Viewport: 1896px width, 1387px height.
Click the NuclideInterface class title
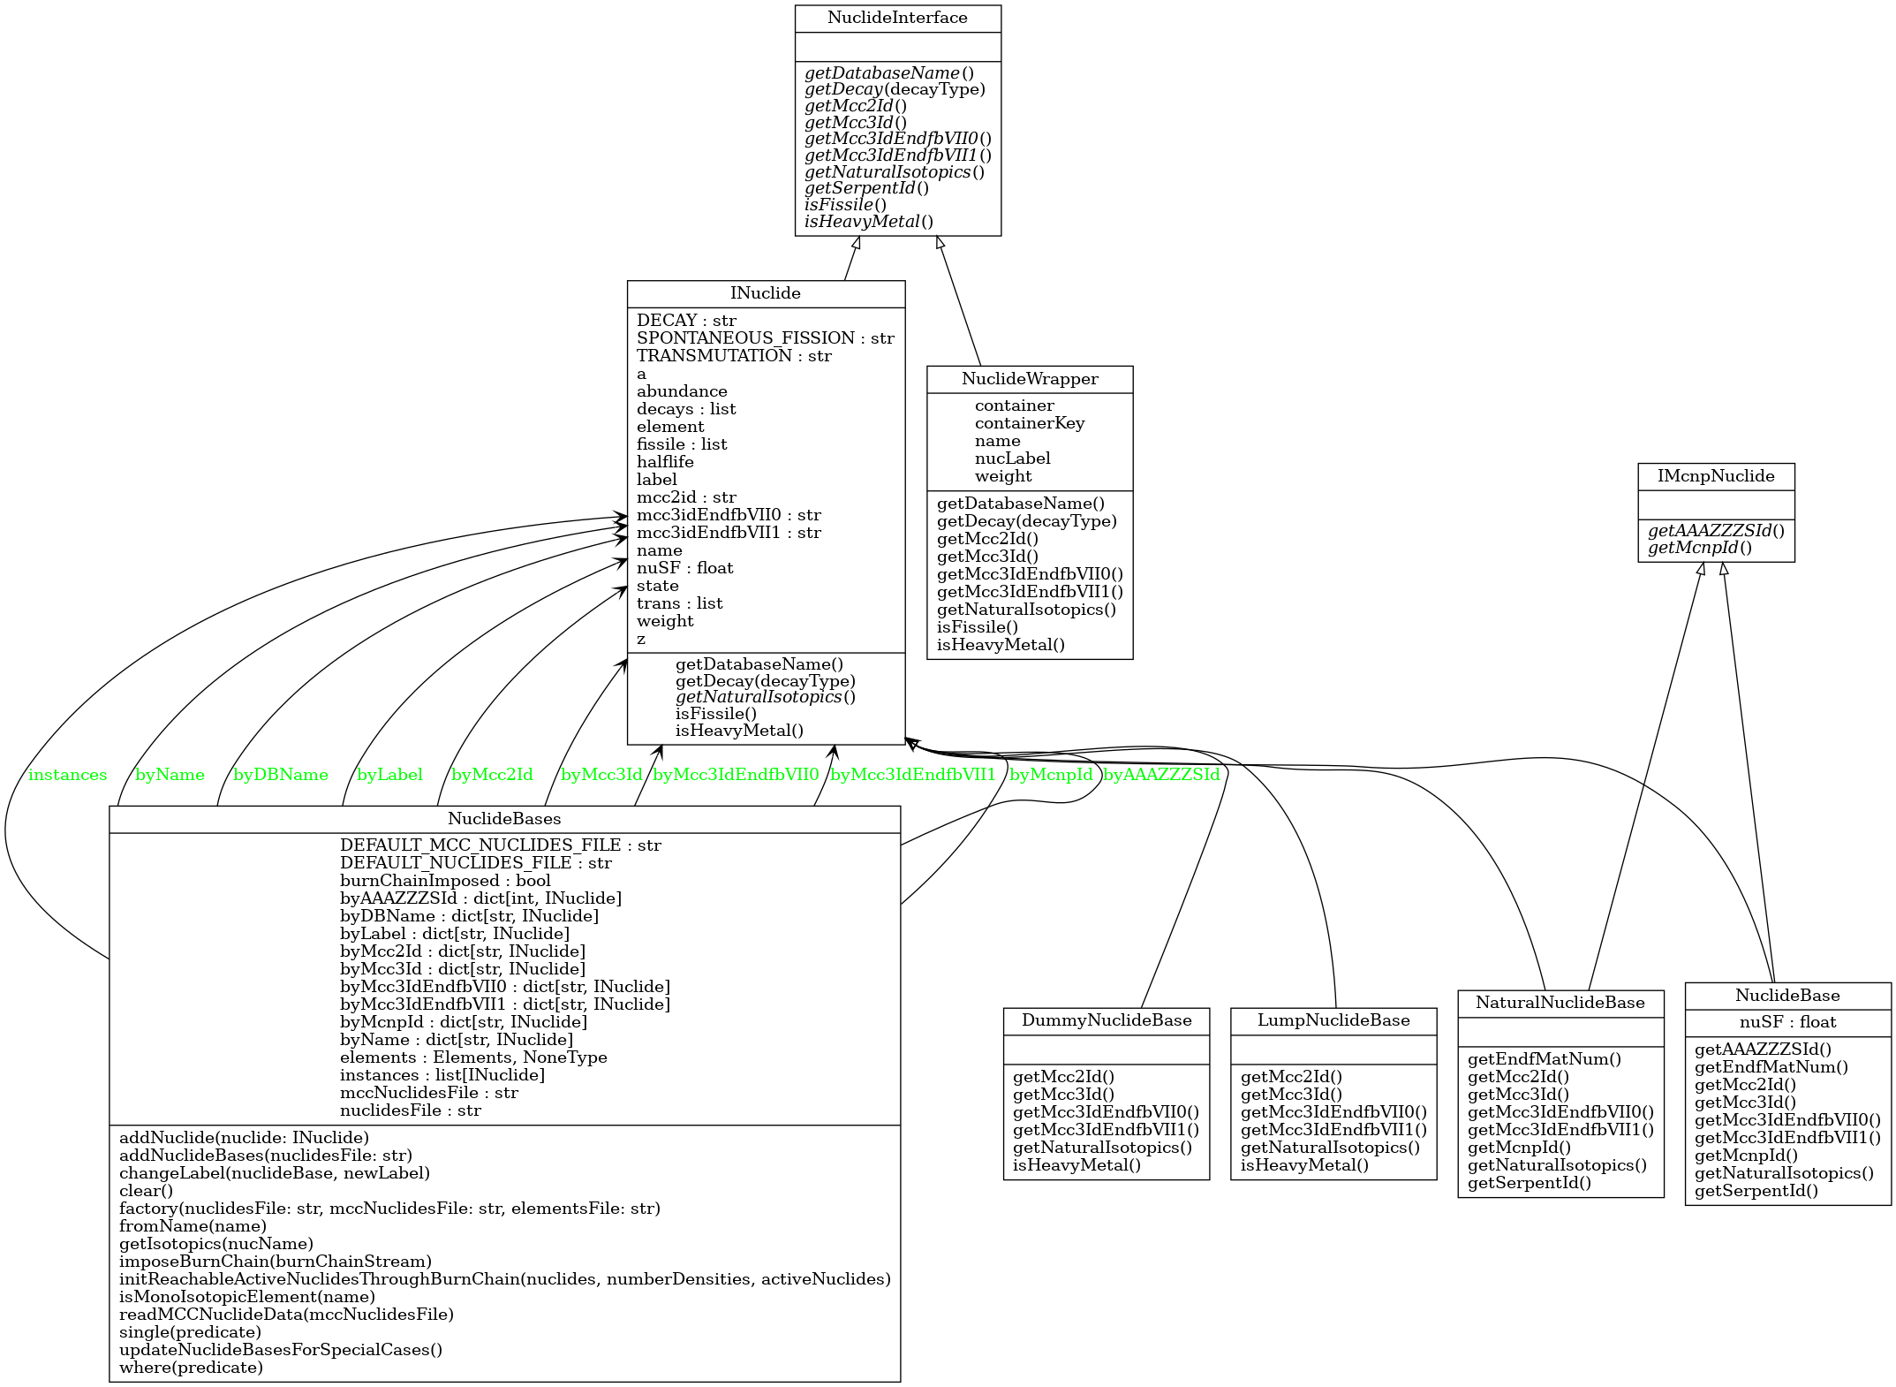click(x=897, y=19)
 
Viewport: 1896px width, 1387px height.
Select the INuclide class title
click(x=766, y=293)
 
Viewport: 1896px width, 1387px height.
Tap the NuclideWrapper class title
click(x=1030, y=379)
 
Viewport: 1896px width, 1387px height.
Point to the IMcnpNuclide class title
click(x=1716, y=476)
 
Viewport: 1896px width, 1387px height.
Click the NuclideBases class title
click(x=504, y=819)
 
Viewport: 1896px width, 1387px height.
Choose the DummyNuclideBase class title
click(x=1107, y=1020)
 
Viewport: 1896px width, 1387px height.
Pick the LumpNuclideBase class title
click(x=1333, y=1020)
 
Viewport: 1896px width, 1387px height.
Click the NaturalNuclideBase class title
click(x=1560, y=1003)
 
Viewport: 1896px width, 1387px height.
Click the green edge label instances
click(x=67, y=776)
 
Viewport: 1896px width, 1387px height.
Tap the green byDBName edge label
click(x=281, y=776)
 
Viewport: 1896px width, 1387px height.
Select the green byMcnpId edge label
click(x=1051, y=776)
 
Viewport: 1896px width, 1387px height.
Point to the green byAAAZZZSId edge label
click(x=1161, y=776)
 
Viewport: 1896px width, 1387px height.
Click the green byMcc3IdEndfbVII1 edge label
click(x=913, y=776)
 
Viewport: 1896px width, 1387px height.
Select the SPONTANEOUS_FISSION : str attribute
click(x=766, y=338)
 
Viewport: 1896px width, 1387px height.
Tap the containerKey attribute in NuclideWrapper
click(x=1030, y=423)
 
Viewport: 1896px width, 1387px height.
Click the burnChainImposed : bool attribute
click(x=445, y=881)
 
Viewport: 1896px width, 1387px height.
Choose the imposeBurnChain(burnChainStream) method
click(x=276, y=1262)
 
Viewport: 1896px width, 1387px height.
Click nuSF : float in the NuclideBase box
click(x=1787, y=1022)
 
